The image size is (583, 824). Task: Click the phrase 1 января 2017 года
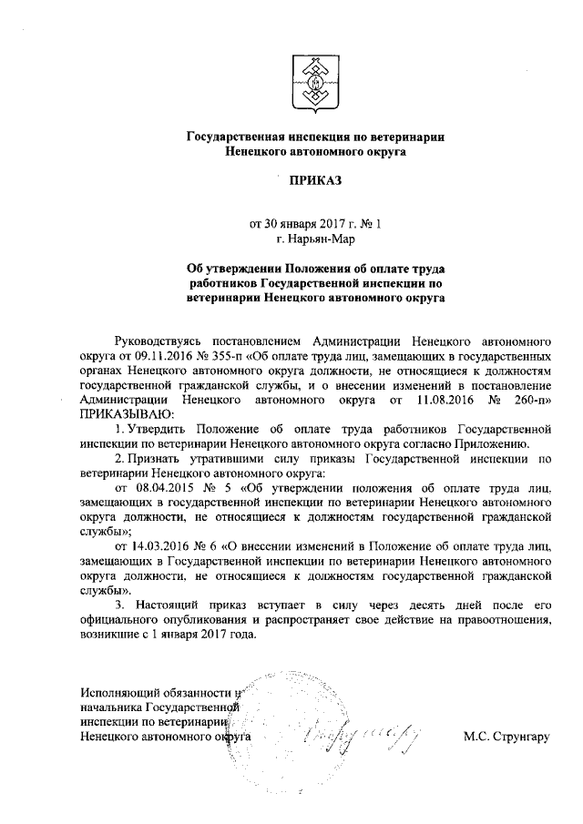[x=206, y=635]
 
